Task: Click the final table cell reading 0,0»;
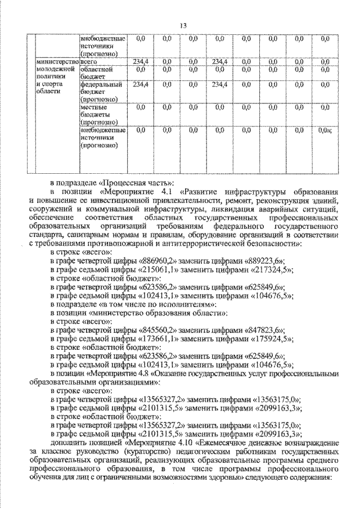(326, 130)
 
